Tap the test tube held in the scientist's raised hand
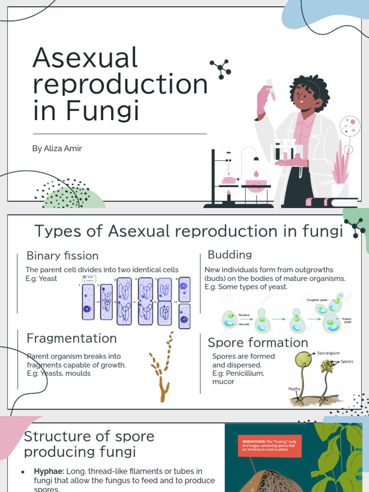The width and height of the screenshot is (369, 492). [271, 90]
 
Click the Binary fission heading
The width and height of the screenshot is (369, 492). [62, 256]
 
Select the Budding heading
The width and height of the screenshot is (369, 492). [230, 254]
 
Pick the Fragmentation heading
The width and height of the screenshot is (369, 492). [72, 338]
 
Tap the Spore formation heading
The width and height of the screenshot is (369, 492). [258, 343]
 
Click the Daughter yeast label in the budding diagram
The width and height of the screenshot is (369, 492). [317, 300]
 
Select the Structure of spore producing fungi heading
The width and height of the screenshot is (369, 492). [89, 444]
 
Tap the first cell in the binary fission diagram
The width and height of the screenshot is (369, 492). [88, 302]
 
